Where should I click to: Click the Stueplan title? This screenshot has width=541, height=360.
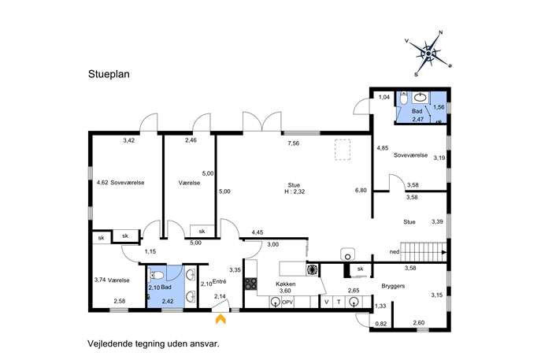[109, 74]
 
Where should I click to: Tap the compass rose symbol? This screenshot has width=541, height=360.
[428, 54]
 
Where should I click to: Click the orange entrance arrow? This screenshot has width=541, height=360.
[220, 318]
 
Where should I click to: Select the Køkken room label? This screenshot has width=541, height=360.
[285, 284]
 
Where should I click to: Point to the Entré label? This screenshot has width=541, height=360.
[219, 282]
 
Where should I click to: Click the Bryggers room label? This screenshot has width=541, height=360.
[393, 286]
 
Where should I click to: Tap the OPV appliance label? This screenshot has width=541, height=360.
[287, 302]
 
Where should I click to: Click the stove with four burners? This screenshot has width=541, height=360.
[251, 284]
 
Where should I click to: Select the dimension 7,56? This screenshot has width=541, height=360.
[293, 143]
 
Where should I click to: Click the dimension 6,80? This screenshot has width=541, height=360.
[361, 190]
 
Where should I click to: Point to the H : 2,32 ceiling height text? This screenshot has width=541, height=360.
[295, 192]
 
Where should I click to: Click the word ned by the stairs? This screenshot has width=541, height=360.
[395, 251]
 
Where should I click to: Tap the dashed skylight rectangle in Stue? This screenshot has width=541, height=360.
[343, 150]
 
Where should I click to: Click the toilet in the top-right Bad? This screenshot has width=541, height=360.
[404, 98]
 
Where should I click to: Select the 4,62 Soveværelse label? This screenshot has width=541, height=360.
[120, 183]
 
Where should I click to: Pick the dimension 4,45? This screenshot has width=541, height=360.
[257, 232]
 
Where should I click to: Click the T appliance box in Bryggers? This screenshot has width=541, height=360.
[339, 302]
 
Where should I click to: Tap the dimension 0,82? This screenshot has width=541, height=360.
[380, 324]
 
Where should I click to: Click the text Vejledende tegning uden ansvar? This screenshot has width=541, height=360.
[154, 343]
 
